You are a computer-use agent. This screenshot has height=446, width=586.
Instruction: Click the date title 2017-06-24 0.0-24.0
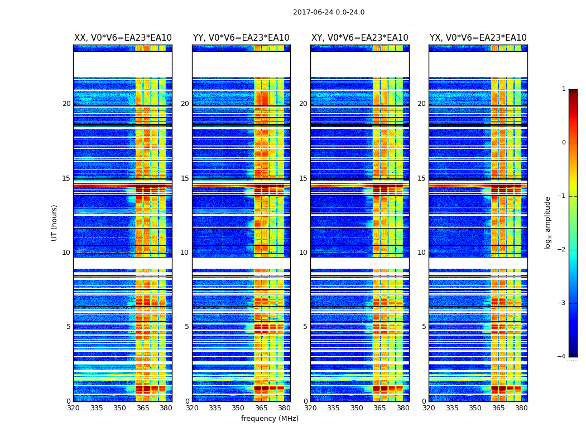click(329, 12)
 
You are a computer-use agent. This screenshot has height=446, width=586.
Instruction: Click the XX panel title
click(123, 38)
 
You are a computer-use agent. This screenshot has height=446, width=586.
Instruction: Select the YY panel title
click(241, 38)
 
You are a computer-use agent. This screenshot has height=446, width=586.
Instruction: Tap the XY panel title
click(359, 38)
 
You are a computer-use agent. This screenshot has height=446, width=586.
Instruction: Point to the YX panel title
click(478, 38)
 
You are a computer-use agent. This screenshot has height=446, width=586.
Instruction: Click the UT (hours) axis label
click(55, 222)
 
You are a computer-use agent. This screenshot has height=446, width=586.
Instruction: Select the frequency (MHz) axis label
click(270, 419)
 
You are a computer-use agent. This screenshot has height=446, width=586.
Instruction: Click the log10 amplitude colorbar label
click(548, 222)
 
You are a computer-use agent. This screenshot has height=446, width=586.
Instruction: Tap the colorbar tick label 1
click(563, 89)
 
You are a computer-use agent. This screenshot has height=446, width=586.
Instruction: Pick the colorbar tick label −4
click(562, 357)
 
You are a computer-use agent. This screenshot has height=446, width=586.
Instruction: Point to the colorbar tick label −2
click(562, 250)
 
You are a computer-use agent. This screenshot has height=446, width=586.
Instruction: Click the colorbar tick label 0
click(563, 143)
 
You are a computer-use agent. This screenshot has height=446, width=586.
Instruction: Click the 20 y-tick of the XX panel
click(66, 104)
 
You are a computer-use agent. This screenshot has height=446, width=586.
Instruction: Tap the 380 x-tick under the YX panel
click(521, 408)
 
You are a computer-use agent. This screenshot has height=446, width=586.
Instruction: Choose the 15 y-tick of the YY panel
click(185, 178)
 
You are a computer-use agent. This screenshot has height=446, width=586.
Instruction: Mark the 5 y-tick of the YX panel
click(424, 327)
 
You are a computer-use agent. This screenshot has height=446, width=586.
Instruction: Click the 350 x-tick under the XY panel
click(357, 408)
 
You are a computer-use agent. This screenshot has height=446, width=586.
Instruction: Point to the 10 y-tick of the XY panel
click(303, 253)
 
